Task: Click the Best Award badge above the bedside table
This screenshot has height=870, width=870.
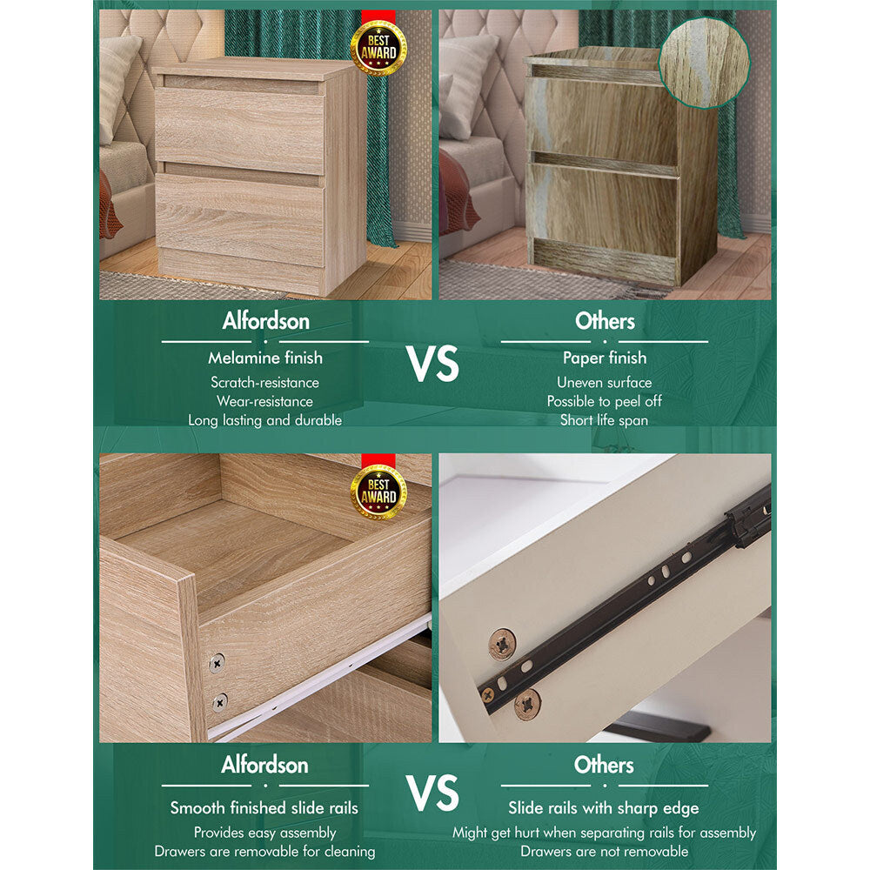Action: [378, 47]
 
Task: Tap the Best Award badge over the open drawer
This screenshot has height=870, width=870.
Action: [378, 492]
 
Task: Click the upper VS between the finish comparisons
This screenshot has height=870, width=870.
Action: [432, 364]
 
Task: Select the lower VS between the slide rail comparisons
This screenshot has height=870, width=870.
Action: [432, 793]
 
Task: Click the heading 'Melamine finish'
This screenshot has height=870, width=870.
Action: [265, 358]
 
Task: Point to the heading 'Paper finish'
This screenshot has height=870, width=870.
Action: [605, 358]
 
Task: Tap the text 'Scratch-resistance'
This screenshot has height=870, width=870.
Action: [264, 382]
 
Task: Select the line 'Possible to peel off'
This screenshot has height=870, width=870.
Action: [605, 401]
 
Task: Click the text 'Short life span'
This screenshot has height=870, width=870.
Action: [605, 420]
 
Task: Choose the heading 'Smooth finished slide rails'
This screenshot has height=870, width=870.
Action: [264, 808]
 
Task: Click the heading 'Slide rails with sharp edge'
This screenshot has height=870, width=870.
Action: [604, 808]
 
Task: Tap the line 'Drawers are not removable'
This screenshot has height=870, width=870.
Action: [605, 851]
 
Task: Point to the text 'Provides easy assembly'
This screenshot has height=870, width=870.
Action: [264, 833]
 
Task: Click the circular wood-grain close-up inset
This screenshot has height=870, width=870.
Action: [704, 62]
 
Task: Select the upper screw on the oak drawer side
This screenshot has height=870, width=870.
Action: [217, 662]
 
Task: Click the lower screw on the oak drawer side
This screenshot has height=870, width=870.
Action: [220, 702]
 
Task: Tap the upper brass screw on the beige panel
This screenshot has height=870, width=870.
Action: [502, 644]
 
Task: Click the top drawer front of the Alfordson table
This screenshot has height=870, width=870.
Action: [239, 130]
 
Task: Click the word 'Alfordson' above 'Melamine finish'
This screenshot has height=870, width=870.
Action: [265, 321]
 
